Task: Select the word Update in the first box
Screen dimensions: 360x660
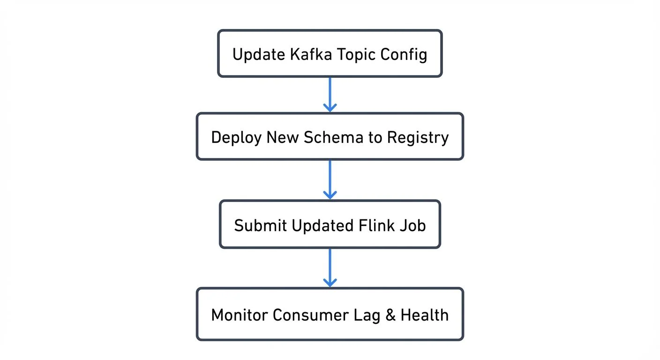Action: point(259,54)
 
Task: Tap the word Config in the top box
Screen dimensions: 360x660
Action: point(404,54)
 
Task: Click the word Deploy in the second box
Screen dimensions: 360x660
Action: point(236,137)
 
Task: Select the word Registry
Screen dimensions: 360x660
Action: point(418,138)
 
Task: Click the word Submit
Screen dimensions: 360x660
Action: point(260,225)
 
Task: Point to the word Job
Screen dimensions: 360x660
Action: point(413,225)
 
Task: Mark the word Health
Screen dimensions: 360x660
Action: point(425,315)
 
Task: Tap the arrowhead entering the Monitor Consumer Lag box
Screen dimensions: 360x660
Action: point(330,282)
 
